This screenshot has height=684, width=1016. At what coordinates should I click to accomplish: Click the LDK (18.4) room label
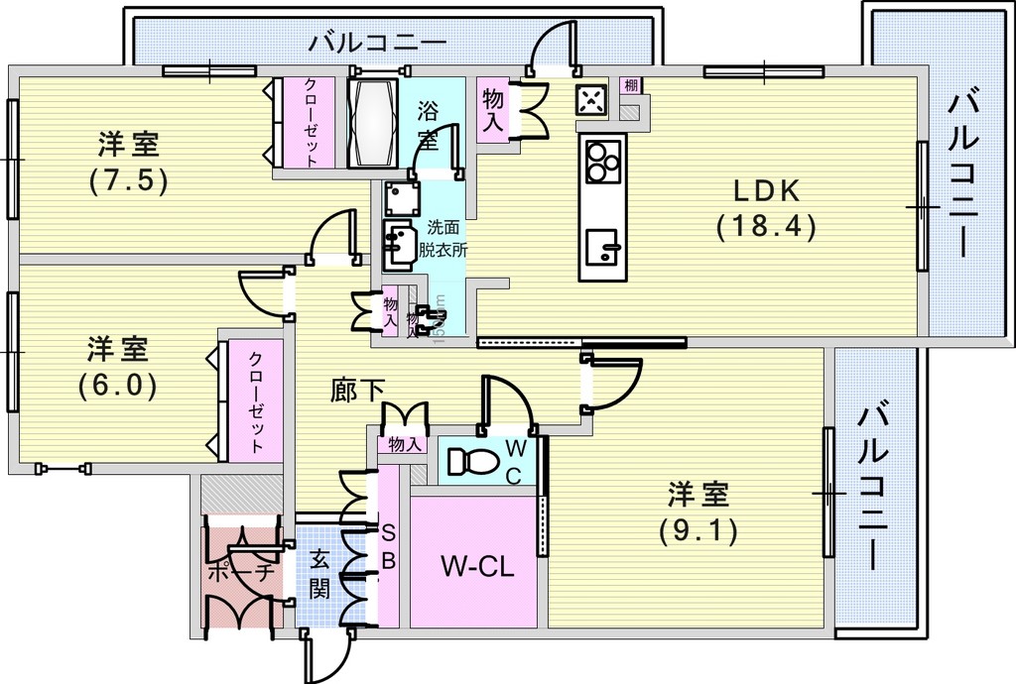(765, 209)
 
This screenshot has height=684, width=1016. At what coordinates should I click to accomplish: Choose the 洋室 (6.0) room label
(117, 367)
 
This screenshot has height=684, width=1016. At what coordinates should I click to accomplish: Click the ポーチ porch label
(239, 573)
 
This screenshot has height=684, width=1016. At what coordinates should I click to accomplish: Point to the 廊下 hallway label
(357, 391)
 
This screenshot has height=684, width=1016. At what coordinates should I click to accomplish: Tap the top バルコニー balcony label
(377, 43)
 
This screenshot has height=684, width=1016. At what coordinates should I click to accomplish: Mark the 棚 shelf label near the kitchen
(630, 86)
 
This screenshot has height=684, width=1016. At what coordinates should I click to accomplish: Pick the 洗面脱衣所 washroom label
(443, 238)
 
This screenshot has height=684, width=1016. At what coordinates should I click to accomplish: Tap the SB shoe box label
(389, 546)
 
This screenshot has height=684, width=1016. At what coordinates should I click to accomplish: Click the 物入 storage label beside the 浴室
(492, 109)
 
